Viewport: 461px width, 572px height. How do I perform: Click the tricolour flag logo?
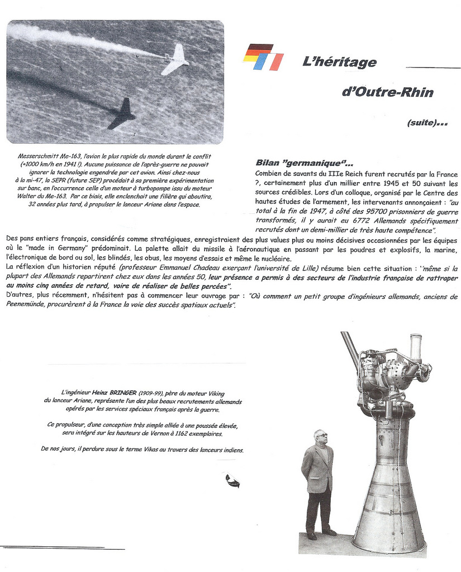point(263,57)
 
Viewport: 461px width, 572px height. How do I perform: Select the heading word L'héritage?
point(339,63)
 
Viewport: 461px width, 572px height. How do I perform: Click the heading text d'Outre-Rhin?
point(387,92)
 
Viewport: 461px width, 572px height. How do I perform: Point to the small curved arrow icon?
point(232,481)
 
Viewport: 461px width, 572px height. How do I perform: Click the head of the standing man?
point(320,437)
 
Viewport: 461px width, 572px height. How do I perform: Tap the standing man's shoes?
point(321,534)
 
